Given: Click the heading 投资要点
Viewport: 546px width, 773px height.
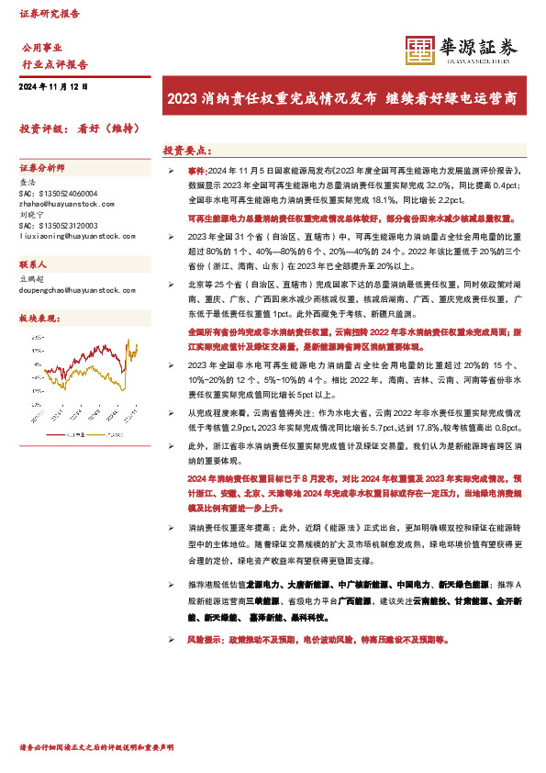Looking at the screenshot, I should tap(187, 149).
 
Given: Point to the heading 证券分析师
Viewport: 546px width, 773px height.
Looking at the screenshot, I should tap(42, 169).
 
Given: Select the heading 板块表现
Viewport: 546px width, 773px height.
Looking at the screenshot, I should tap(39, 317).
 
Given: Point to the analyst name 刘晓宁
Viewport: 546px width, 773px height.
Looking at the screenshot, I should tap(31, 217).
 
